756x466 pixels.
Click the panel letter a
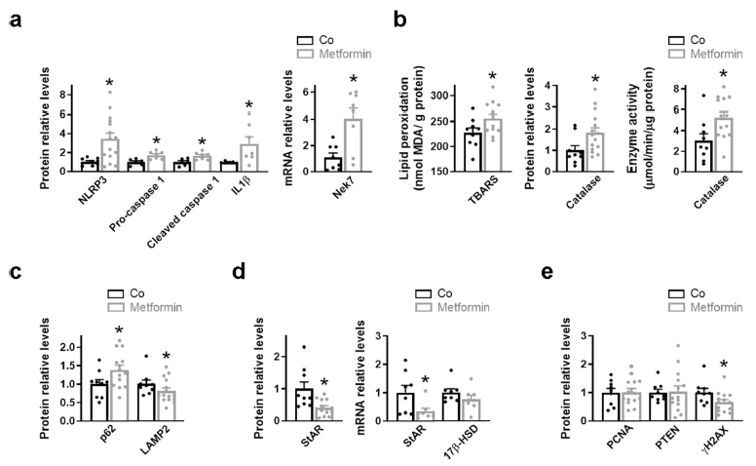[x=15, y=20]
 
